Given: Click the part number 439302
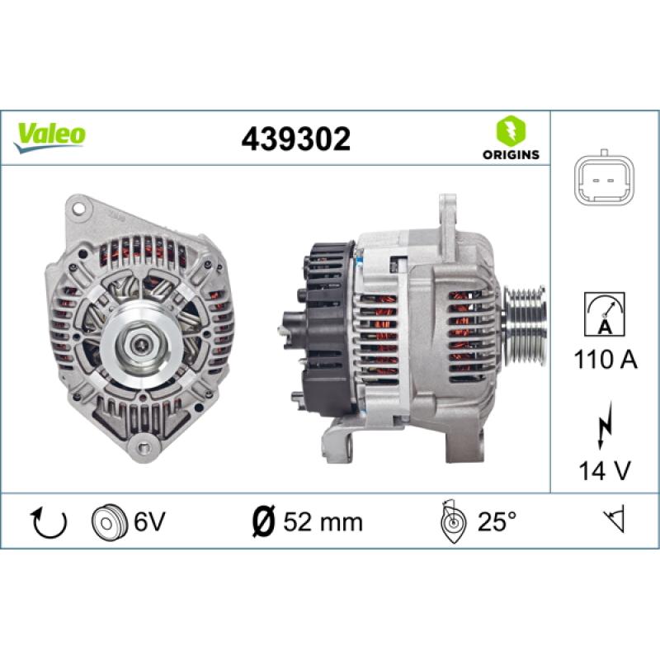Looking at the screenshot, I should [x=295, y=139].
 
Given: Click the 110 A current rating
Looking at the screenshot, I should [x=605, y=360].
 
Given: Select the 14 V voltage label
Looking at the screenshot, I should [x=605, y=471].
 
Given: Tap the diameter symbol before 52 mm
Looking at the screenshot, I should [x=261, y=521].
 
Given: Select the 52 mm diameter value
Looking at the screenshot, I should [x=322, y=521].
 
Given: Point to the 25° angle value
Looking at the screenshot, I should [x=497, y=521].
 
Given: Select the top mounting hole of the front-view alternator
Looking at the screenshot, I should [x=78, y=206].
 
